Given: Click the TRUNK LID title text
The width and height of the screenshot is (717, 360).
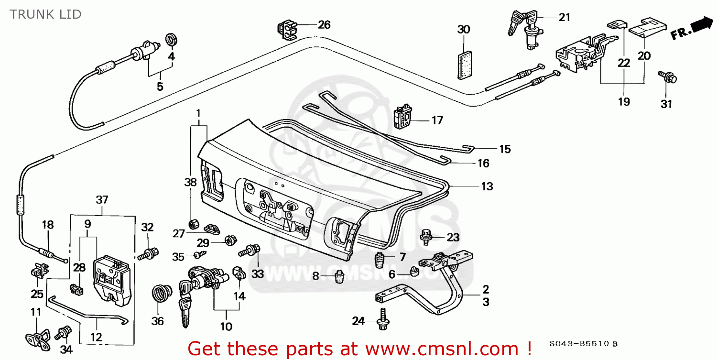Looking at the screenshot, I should pyautogui.click(x=45, y=14).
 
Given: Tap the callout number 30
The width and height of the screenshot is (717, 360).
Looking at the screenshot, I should pyautogui.click(x=463, y=30).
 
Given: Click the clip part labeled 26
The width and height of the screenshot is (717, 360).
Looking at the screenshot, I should pyautogui.click(x=286, y=29).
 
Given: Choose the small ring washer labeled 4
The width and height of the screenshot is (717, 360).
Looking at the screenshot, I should pyautogui.click(x=170, y=40).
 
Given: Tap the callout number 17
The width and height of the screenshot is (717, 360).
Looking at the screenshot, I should pyautogui.click(x=437, y=120).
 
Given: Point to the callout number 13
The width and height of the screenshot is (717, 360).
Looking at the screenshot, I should pyautogui.click(x=487, y=186).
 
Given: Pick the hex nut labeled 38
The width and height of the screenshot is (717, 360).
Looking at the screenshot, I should pyautogui.click(x=195, y=224).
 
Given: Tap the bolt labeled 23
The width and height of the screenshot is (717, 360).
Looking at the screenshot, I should pyautogui.click(x=425, y=235).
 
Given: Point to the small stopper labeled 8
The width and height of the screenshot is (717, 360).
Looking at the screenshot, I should pyautogui.click(x=340, y=277).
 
